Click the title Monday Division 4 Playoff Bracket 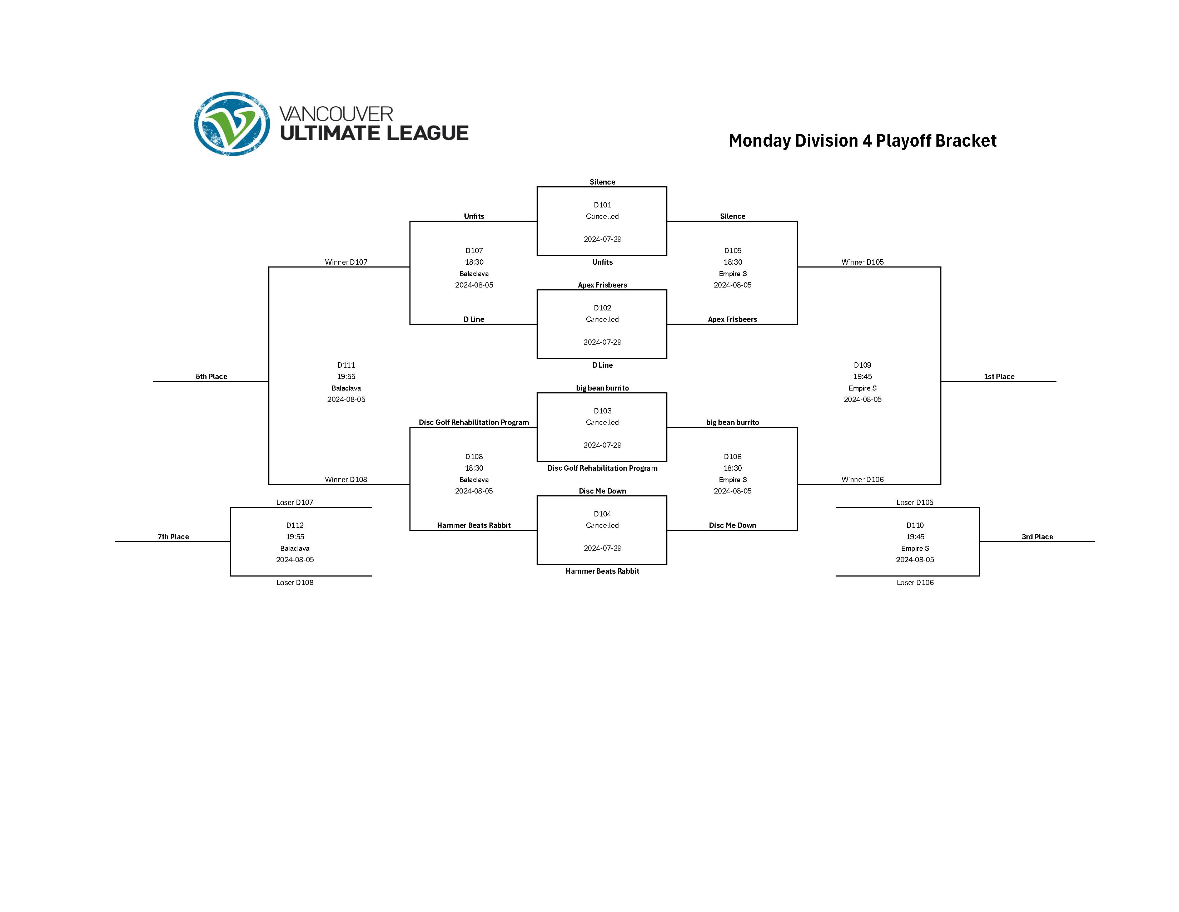[x=862, y=141]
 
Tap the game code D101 [x=602, y=205]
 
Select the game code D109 [x=862, y=365]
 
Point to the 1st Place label [x=999, y=377]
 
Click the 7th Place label [x=173, y=536]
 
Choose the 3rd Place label [x=1037, y=536]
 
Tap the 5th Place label [x=211, y=377]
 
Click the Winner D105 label [x=862, y=262]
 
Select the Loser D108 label [x=295, y=582]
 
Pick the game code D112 [x=295, y=525]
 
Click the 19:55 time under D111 [x=346, y=377]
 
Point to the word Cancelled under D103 [x=602, y=422]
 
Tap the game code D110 [x=915, y=525]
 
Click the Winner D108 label [x=346, y=479]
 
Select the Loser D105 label [x=915, y=502]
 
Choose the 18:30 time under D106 [x=732, y=468]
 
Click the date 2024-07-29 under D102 [x=602, y=342]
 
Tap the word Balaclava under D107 [x=474, y=274]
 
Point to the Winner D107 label [x=346, y=262]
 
